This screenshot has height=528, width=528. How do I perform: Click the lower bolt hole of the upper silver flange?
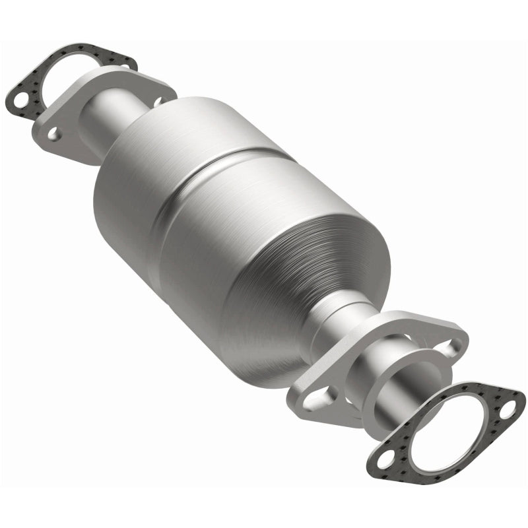click(53, 135)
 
